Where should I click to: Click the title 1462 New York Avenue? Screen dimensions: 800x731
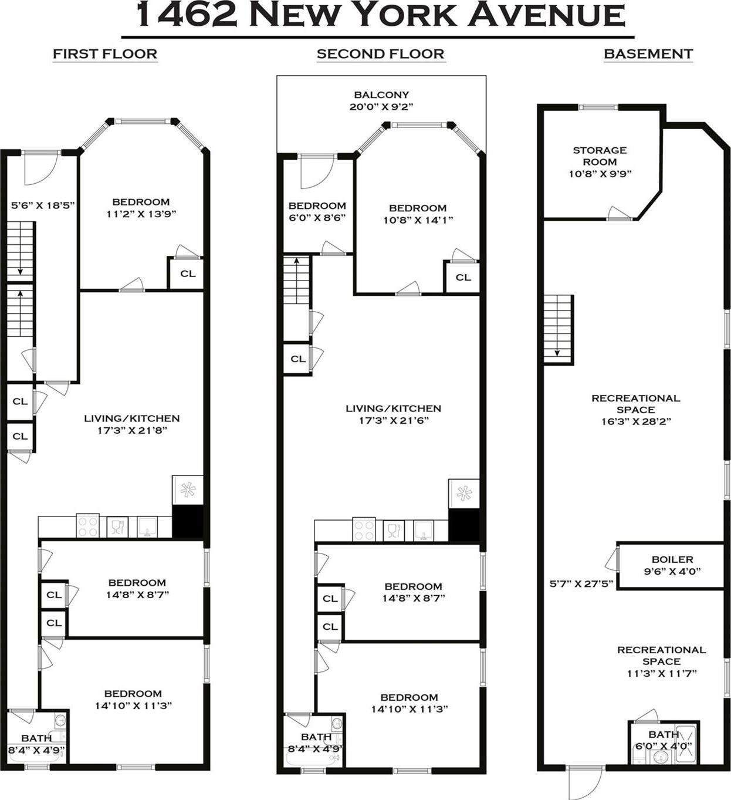(x=380, y=15)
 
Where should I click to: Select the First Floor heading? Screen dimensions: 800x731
(x=105, y=54)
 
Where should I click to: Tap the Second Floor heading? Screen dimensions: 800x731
(x=380, y=54)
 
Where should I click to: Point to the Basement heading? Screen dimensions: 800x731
(x=648, y=54)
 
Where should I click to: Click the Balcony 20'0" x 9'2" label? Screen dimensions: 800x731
(x=381, y=101)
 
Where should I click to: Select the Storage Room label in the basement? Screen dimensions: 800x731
(x=600, y=161)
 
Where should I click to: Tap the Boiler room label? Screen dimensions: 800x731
(x=672, y=565)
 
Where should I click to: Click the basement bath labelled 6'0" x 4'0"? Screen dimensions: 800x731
(x=664, y=740)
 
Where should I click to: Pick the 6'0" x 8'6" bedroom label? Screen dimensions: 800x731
(x=317, y=211)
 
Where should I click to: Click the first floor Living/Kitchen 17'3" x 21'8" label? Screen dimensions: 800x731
(x=131, y=424)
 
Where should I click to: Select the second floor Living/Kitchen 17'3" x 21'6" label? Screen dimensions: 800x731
(x=393, y=414)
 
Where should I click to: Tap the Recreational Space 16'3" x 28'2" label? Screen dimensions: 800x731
(x=635, y=409)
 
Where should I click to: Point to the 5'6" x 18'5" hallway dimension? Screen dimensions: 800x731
(x=43, y=205)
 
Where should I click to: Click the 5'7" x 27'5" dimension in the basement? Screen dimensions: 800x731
(x=581, y=583)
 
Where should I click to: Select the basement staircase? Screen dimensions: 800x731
(x=557, y=329)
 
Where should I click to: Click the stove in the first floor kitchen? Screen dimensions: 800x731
(x=87, y=526)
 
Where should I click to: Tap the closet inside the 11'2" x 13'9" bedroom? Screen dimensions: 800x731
(x=187, y=274)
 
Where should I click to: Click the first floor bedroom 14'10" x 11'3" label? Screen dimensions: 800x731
(x=133, y=700)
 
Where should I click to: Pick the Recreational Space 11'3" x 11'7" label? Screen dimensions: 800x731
(x=661, y=661)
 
